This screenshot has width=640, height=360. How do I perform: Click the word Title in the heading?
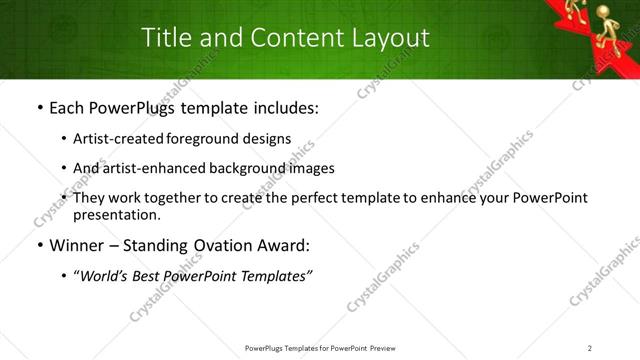coord(165,38)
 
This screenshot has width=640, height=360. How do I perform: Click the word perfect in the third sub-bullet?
coord(316,198)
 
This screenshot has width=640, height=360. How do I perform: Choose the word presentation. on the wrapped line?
coord(116,214)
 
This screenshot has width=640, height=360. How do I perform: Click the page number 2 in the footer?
coord(590,348)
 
